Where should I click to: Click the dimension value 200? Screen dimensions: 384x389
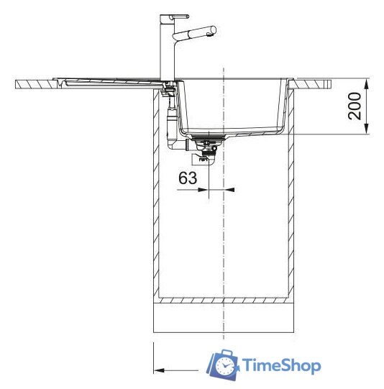point(355,106)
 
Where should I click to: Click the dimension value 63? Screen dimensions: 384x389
point(188,178)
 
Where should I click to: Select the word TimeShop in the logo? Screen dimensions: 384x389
point(281,365)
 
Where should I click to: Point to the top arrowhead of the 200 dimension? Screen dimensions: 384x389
point(367,83)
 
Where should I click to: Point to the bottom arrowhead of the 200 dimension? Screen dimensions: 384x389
point(367,129)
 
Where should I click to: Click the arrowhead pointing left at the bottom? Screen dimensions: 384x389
point(159,370)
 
